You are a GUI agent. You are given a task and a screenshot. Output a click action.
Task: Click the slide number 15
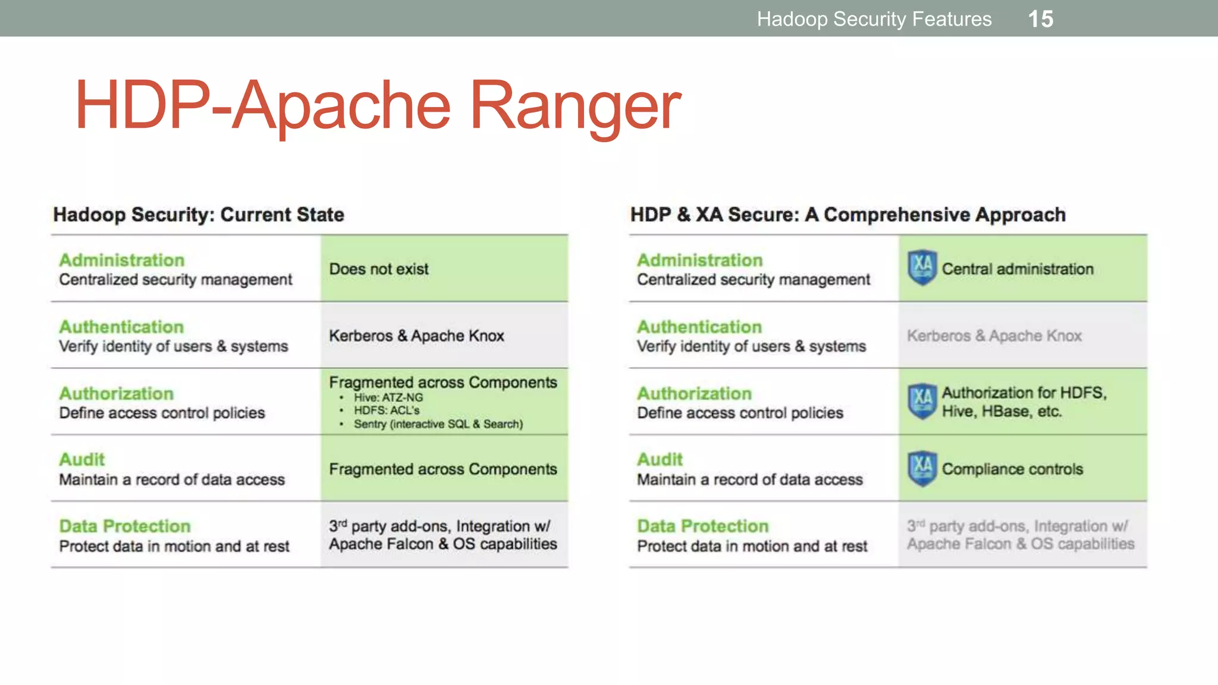[1040, 19]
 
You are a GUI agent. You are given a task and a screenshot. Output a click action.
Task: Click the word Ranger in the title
[575, 106]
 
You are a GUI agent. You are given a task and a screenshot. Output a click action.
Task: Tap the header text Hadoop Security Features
[874, 19]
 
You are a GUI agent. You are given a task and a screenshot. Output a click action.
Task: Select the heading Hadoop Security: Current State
[199, 215]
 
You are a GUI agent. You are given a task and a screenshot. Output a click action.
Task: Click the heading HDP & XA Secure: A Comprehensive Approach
[847, 215]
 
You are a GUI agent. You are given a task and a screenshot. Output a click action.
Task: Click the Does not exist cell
[379, 269]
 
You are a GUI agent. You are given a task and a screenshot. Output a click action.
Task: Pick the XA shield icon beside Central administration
[922, 268]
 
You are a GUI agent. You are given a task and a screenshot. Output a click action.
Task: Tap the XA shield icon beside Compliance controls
[922, 469]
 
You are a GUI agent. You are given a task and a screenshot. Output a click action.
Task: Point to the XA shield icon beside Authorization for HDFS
[922, 401]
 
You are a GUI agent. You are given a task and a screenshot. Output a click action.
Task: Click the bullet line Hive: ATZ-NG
[388, 397]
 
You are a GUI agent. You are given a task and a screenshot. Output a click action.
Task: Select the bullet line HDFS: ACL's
[387, 410]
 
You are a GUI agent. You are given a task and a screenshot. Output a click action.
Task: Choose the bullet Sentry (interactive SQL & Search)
[438, 424]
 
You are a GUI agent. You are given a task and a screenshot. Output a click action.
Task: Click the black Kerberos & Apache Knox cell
[416, 336]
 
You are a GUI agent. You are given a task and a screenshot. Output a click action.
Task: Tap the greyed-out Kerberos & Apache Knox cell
[994, 336]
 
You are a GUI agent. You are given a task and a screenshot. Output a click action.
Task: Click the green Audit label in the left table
[82, 460]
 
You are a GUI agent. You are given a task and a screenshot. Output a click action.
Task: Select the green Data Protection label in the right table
[702, 526]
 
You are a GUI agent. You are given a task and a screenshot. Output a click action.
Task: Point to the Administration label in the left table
[122, 260]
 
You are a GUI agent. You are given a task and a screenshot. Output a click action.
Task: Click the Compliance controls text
[1012, 469]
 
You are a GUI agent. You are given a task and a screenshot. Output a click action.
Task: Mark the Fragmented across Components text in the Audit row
[443, 469]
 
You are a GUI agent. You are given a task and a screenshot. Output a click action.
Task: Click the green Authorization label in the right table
[694, 393]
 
